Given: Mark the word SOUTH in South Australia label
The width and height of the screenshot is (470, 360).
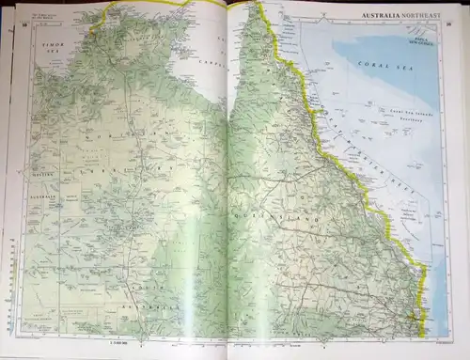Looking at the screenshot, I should pos(141,286).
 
